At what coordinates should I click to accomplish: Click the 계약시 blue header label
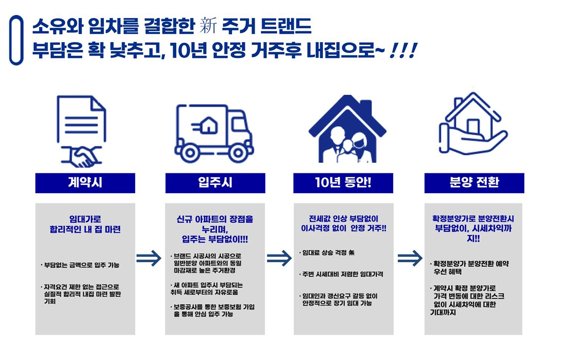pos(85,183)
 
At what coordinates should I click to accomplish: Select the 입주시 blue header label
pos(215,183)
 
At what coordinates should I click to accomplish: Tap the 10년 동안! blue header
pos(343,183)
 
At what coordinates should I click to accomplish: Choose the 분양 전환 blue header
pos(474,183)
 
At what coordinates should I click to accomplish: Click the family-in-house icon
pos(347,130)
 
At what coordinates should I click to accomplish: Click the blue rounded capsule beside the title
pos(16,40)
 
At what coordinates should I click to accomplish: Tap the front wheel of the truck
pos(236,153)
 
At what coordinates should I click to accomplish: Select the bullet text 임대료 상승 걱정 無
pos(327,253)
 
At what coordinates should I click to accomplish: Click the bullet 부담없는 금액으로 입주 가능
pos(81,265)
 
